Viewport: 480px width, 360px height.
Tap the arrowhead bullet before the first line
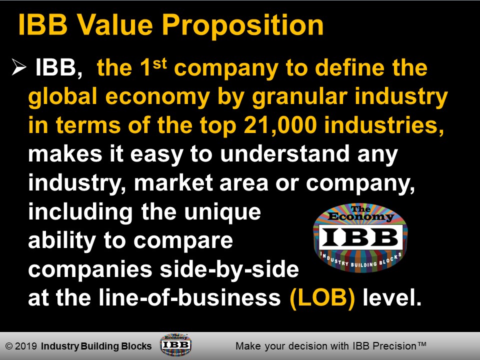pos(18,69)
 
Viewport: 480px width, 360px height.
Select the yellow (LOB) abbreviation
pos(323,298)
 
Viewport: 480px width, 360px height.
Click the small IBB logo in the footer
pos(175,345)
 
